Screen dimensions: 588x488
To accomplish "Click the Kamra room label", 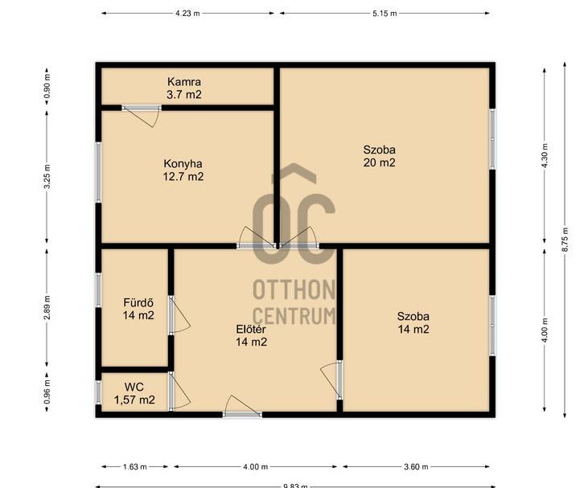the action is click(183, 88).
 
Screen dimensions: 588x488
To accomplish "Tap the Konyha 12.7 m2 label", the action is click(183, 170).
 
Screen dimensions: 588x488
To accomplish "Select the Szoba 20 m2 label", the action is click(379, 156).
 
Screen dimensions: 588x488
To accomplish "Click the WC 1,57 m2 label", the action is click(134, 393).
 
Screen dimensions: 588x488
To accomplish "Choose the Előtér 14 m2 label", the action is click(251, 335).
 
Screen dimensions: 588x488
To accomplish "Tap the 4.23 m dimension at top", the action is click(187, 14).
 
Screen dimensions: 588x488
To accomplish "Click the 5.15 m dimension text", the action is click(384, 14).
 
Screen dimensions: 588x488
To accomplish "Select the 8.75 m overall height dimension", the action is click(565, 240).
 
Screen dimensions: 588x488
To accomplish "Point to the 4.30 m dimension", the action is click(545, 155).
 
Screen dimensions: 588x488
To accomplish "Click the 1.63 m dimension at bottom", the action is click(135, 466).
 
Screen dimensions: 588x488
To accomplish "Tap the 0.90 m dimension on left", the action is click(47, 87).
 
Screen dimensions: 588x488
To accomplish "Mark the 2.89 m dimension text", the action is click(47, 308).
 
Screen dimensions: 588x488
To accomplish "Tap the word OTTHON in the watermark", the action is click(294, 290).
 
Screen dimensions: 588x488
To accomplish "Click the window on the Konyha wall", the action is click(98, 172).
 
